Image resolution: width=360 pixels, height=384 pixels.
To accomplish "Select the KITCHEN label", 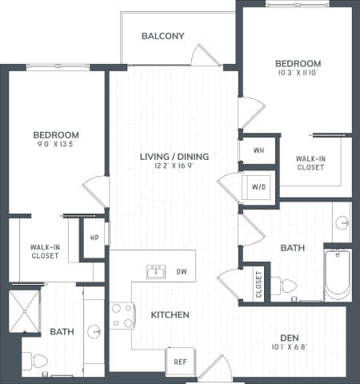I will [x=170, y=315].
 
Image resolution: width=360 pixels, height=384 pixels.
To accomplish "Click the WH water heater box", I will [x=258, y=149].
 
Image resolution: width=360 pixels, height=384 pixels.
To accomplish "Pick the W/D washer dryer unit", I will [x=259, y=187].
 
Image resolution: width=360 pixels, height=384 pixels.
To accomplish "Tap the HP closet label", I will [x=94, y=238].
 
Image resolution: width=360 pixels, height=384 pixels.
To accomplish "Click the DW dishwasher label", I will [x=182, y=272].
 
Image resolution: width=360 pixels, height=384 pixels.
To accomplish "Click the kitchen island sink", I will [x=155, y=272].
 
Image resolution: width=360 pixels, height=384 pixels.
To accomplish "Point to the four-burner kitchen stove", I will [x=122, y=315].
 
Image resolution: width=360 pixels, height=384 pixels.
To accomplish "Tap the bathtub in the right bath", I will [x=337, y=274].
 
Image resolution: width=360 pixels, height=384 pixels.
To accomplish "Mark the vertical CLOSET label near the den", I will [x=258, y=284].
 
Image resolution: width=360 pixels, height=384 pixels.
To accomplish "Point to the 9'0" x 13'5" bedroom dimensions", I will [x=56, y=146].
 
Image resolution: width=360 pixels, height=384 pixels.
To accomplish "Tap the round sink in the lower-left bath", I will [x=94, y=330].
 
